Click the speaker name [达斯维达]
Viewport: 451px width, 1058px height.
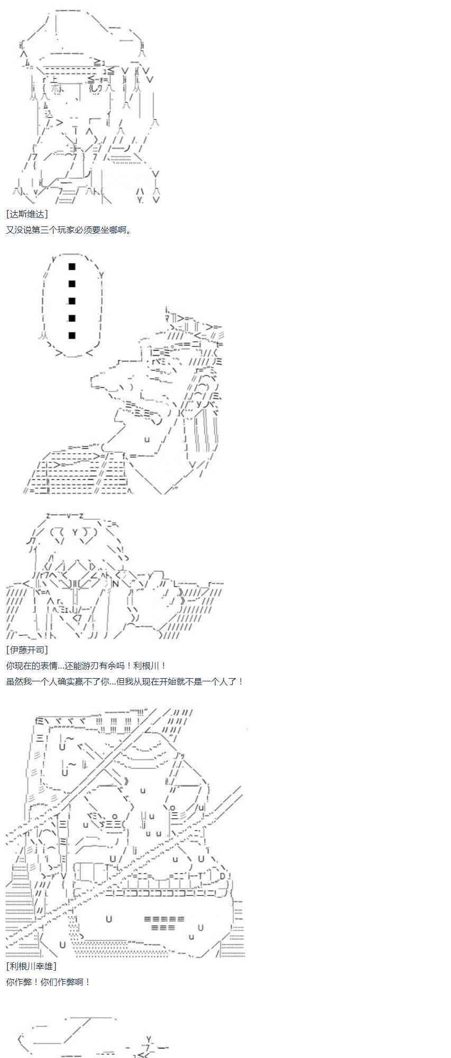[27, 214]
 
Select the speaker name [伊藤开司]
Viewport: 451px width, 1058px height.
[27, 650]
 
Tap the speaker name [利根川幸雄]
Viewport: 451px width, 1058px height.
[31, 966]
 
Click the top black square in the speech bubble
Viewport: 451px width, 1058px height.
[72, 267]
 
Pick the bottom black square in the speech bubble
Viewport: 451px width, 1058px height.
[72, 335]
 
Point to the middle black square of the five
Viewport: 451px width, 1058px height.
[72, 301]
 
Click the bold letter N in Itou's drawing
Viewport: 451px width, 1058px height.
[116, 584]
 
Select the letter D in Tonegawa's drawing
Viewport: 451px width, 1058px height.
[223, 876]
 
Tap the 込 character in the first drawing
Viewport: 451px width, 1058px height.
[49, 113]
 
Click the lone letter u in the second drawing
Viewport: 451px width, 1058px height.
[147, 439]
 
